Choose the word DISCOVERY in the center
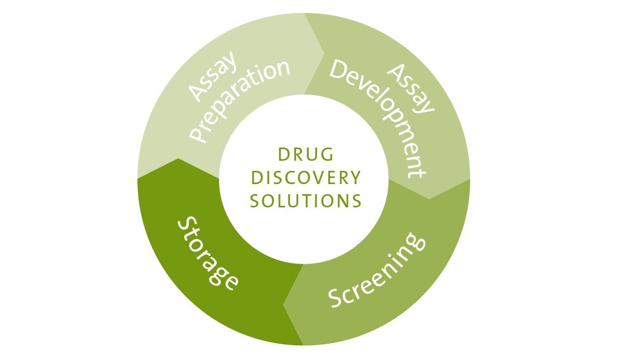click(306, 178)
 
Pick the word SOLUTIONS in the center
click(306, 201)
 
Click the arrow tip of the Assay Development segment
click(429, 198)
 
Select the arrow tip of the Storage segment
click(178, 159)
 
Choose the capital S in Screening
click(336, 299)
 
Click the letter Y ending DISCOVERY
click(355, 178)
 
